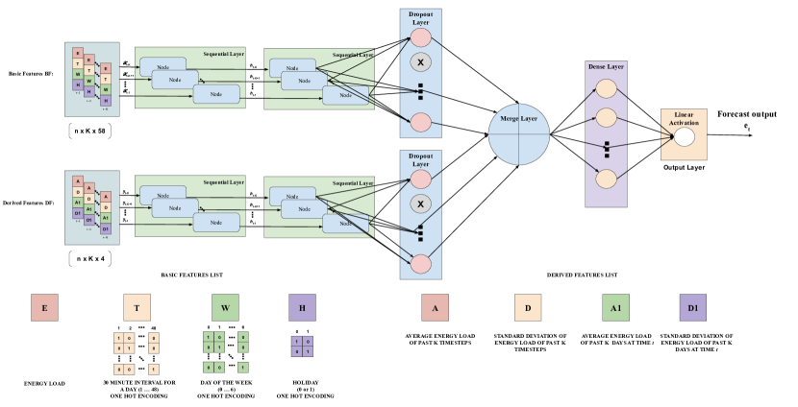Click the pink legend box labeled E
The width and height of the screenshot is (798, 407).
tap(44, 307)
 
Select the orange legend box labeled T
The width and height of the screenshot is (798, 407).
tap(137, 307)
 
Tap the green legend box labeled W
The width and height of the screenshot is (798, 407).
tap(225, 307)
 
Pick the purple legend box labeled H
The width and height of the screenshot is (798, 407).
tap(302, 307)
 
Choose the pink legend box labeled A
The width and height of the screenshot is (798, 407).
tap(435, 307)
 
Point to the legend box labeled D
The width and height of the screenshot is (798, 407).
tap(527, 307)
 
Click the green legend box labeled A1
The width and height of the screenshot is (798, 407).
tap(615, 307)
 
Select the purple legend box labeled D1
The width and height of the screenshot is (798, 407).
tap(692, 307)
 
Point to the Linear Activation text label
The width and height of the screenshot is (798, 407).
tap(684, 119)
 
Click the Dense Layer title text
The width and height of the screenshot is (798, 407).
tap(606, 66)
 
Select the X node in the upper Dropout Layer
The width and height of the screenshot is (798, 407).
tap(420, 62)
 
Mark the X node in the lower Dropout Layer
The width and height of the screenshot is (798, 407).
tap(420, 203)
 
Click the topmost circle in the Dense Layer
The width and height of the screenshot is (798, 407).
tap(606, 88)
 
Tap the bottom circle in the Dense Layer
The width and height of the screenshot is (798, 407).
tap(606, 179)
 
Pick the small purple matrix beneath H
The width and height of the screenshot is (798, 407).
tap(302, 346)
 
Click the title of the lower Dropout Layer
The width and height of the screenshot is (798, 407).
tap(420, 159)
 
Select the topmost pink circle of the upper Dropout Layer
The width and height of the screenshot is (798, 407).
tap(420, 37)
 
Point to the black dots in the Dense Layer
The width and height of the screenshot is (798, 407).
tap(607, 149)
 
